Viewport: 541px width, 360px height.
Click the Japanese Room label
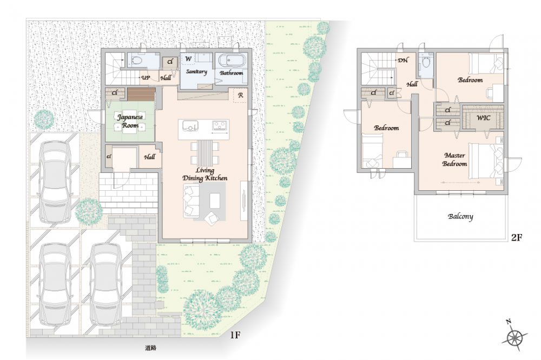(x=130, y=121)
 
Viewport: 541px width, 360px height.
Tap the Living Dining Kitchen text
(x=205, y=174)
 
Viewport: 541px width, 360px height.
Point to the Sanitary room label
(x=196, y=72)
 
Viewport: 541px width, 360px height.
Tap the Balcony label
(x=460, y=217)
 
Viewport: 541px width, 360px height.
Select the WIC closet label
(x=483, y=118)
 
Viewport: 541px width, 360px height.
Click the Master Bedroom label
(x=455, y=159)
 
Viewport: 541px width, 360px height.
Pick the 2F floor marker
(x=517, y=237)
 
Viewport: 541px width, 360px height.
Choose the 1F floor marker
(x=235, y=335)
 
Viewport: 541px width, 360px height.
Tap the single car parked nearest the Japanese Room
(x=56, y=182)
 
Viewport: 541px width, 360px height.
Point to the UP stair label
(x=146, y=78)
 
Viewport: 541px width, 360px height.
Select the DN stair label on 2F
(x=403, y=61)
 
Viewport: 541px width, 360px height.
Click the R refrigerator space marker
(x=241, y=95)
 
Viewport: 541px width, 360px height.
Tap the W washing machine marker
(x=188, y=59)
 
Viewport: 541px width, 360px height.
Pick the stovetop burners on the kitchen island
(x=220, y=124)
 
